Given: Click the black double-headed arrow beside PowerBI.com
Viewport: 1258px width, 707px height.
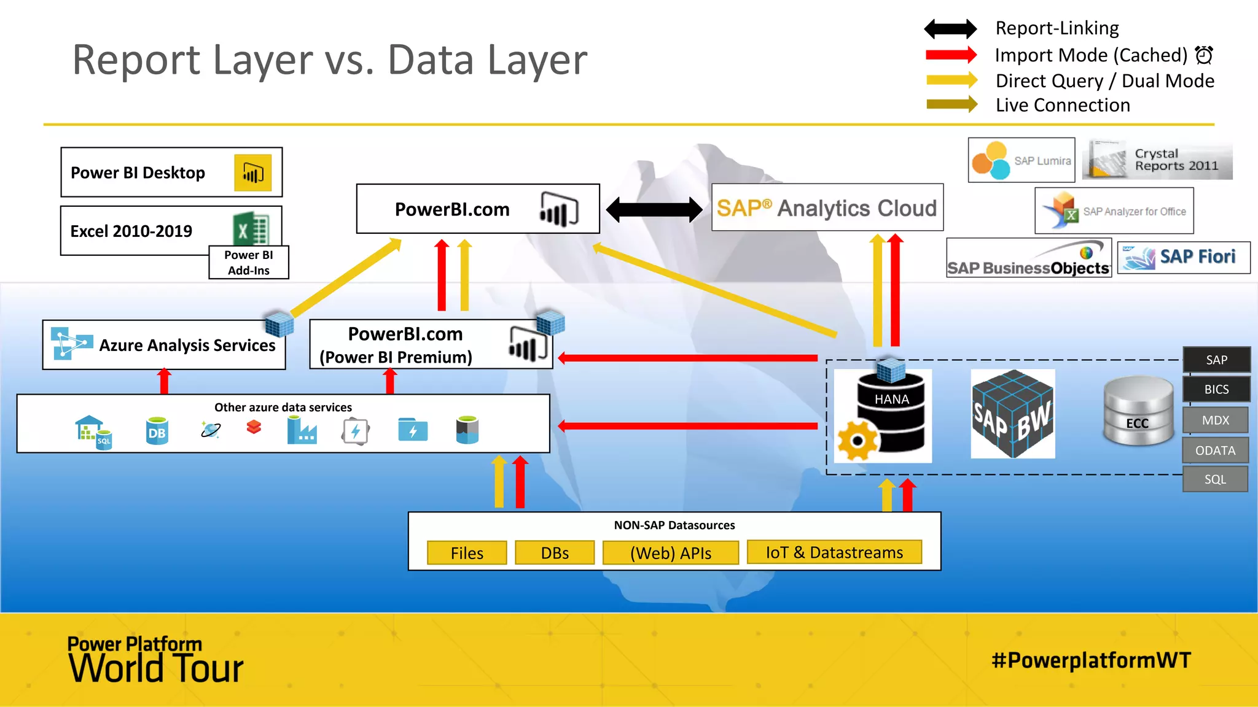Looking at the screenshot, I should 654,210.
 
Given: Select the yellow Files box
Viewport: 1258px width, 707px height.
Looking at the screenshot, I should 467,553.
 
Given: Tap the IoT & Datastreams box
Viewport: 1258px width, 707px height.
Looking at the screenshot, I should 834,552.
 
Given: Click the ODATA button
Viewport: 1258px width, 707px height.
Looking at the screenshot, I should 1215,450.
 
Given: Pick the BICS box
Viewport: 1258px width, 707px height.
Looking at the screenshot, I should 1216,389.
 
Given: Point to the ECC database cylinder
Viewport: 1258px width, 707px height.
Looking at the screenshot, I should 1138,411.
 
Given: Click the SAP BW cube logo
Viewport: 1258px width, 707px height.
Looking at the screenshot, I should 1013,414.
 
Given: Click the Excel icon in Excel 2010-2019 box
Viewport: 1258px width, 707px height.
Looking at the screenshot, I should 251,230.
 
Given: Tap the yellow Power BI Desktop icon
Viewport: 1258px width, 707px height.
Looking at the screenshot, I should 252,172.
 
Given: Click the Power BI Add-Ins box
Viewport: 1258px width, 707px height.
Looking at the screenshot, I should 249,263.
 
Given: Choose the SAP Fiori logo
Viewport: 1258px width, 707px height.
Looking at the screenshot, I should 1183,257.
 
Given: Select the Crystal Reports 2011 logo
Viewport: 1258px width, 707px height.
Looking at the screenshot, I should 1157,160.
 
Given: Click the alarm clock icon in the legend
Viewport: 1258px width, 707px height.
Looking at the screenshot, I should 1204,55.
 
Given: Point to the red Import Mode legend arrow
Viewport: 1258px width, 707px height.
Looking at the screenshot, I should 951,55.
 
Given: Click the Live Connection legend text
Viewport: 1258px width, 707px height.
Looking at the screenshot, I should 1063,106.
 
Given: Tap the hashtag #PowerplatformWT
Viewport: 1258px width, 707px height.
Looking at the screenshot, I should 1091,660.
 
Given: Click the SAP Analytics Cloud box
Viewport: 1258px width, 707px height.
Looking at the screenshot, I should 827,208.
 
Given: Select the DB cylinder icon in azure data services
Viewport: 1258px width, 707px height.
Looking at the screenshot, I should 157,431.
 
